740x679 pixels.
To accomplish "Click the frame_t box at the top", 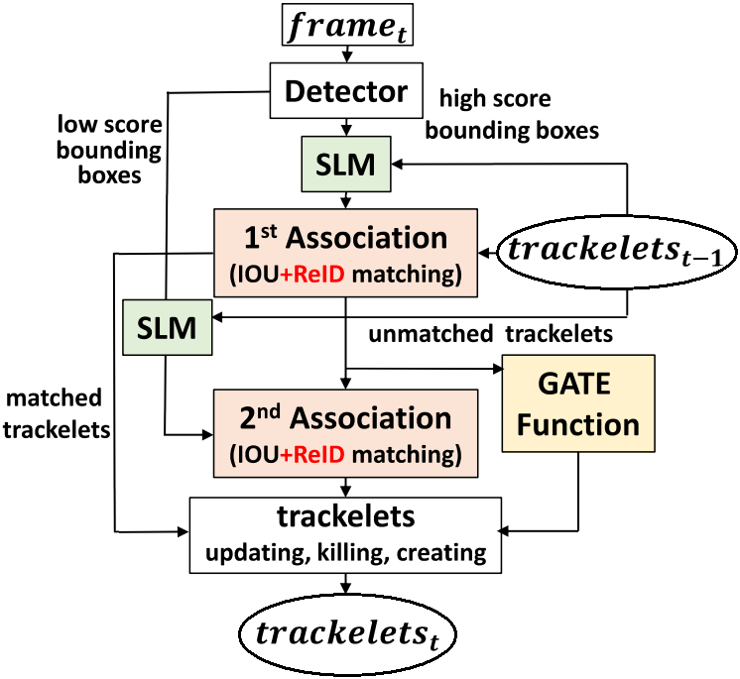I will tap(345, 25).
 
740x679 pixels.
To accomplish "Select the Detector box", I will tap(345, 93).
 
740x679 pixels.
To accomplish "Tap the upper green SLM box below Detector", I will tap(345, 165).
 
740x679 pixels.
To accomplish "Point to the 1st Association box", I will tap(345, 252).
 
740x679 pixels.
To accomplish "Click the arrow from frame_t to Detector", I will tap(345, 55).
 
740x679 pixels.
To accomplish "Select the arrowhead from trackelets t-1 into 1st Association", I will tap(486, 253).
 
